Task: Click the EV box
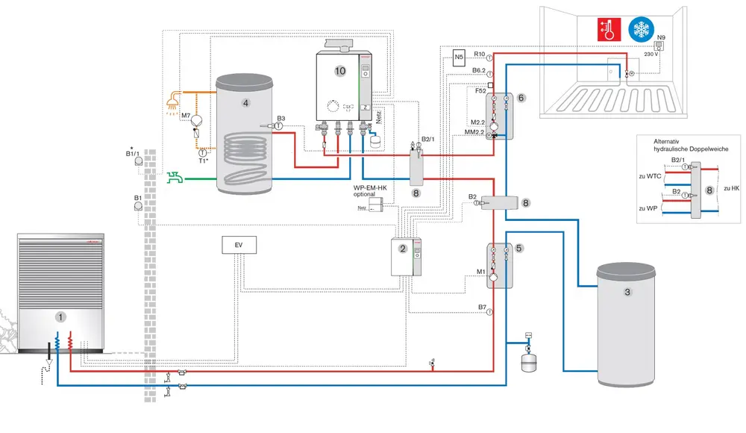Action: coord(239,244)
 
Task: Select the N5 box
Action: coord(460,57)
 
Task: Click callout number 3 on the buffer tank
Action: coord(627,293)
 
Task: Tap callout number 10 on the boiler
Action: coord(340,71)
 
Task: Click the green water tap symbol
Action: coord(175,178)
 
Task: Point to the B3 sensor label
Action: coord(280,118)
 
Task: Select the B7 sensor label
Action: coord(481,307)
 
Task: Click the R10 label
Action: coord(480,54)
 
